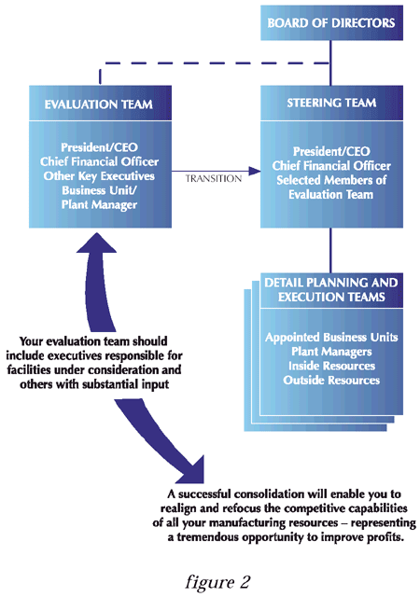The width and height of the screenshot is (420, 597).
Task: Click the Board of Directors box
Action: [331, 22]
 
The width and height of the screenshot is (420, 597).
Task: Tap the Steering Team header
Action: [331, 104]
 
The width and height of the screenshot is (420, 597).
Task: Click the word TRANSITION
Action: [214, 178]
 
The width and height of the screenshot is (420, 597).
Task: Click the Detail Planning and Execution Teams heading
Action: [331, 290]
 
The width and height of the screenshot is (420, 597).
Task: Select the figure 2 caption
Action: [217, 582]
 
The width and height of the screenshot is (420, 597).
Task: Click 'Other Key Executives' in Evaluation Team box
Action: [99, 176]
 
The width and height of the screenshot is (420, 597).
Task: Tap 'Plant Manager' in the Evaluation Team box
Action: [99, 205]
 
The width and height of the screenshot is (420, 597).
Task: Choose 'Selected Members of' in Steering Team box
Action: [331, 180]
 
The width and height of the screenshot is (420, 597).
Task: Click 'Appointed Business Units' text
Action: [331, 338]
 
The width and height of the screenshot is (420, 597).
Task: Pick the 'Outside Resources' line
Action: [331, 380]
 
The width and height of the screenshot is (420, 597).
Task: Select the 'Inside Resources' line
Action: [331, 366]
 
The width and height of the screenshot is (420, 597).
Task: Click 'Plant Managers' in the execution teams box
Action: [331, 352]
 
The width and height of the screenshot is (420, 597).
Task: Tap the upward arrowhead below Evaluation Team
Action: [96, 243]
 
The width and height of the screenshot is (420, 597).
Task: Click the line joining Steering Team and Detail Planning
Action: [330, 250]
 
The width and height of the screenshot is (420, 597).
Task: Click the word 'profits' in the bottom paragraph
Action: [385, 537]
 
